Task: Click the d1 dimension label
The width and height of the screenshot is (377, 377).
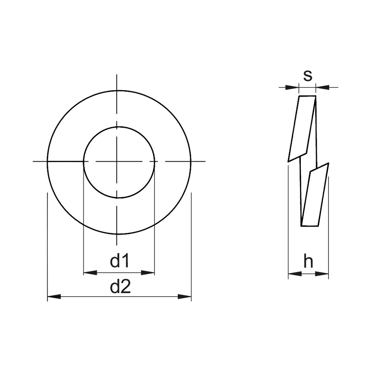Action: click(x=120, y=261)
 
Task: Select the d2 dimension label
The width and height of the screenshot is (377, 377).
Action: click(x=120, y=287)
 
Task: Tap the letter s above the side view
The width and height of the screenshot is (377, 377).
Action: click(x=308, y=75)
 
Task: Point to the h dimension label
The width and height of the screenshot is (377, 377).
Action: click(x=308, y=262)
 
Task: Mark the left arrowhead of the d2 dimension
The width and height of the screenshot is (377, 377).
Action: click(x=54, y=297)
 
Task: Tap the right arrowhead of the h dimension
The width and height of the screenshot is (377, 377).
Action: click(x=322, y=274)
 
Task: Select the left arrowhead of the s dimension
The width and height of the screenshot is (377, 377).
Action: click(x=292, y=87)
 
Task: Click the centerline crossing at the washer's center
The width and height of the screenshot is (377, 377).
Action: click(x=117, y=162)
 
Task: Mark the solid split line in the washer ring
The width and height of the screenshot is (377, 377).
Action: click(x=65, y=162)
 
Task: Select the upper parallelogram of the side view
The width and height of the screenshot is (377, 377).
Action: click(x=302, y=128)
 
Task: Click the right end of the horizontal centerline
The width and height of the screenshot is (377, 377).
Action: click(x=205, y=162)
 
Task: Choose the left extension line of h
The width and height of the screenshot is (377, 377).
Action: click(x=288, y=221)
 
